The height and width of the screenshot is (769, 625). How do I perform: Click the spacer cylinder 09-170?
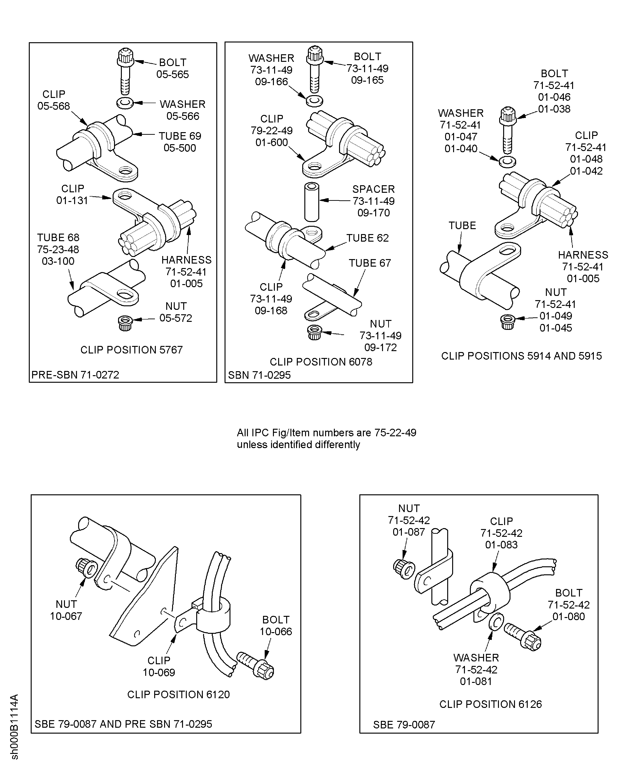[312, 202]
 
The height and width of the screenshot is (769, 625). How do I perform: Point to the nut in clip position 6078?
[314, 332]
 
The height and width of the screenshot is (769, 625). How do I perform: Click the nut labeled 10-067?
[86, 568]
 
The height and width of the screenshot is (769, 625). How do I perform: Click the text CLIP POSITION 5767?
[132, 350]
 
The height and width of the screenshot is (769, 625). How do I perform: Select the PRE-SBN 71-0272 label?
[75, 375]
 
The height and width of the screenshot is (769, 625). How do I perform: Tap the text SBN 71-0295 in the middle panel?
[259, 375]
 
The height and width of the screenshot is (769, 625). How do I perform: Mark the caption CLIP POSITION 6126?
[490, 704]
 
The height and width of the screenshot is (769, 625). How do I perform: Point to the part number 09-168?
[271, 311]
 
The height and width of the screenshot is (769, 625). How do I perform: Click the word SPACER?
[373, 189]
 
